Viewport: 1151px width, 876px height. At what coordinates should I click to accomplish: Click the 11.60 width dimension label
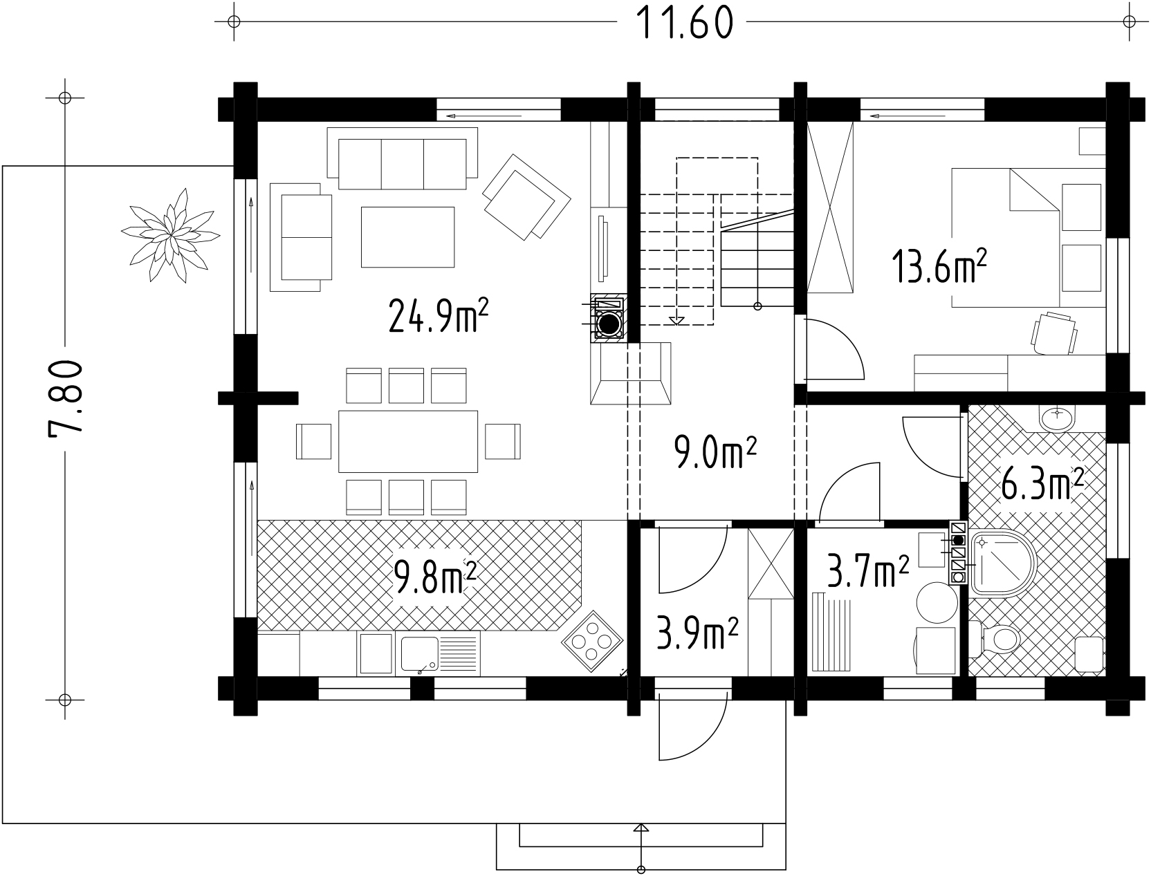click(x=684, y=24)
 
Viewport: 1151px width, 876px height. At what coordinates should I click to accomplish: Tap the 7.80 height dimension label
click(x=66, y=398)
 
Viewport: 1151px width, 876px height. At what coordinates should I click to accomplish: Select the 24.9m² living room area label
click(x=439, y=315)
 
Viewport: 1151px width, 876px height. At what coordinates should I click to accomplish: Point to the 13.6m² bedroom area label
click(x=939, y=265)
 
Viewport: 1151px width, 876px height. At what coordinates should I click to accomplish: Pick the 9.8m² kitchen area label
click(x=434, y=576)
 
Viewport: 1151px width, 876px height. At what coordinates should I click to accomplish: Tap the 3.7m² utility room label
click(x=868, y=571)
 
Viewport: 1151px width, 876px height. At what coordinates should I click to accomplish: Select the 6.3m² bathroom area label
click(x=1042, y=485)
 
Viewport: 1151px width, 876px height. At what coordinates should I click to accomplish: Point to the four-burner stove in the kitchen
click(x=592, y=641)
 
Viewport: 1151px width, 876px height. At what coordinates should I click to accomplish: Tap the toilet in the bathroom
click(x=994, y=639)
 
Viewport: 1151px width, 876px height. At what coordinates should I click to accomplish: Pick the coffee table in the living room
click(x=407, y=237)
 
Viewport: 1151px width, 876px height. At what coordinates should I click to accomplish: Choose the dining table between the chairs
click(x=408, y=441)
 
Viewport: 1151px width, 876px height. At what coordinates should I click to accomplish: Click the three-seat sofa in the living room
click(x=402, y=158)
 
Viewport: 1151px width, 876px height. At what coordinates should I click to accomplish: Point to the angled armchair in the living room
click(x=526, y=196)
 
